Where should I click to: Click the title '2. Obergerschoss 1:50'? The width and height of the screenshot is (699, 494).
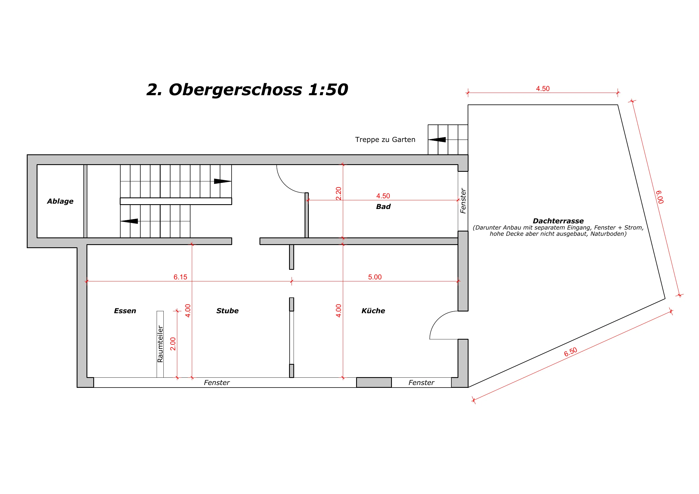coord(247,90)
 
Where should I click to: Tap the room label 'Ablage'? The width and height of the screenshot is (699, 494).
coord(60,201)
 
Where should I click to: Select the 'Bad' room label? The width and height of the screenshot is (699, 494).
coord(383,207)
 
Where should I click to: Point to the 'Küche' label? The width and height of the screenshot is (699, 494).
coord(373,311)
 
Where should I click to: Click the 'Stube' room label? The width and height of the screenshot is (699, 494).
coord(227,311)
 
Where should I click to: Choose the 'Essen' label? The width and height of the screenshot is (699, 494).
coord(125,311)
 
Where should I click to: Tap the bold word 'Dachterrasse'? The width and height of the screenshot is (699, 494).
coord(558,221)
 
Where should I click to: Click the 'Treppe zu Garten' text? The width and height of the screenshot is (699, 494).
coord(385,140)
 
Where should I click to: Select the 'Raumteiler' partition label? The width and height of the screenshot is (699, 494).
coord(160,344)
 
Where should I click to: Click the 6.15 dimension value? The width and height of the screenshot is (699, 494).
coord(180,277)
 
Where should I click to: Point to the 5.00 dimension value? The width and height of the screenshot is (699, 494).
coord(375,277)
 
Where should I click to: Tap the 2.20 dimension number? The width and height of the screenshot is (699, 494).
coord(339,193)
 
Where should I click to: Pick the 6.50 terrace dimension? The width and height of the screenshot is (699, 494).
coord(571,352)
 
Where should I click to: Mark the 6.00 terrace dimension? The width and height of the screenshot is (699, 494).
coord(660,197)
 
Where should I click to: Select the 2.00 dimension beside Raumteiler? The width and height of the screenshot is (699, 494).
coord(173,344)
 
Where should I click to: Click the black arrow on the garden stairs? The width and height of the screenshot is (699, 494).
coord(437,140)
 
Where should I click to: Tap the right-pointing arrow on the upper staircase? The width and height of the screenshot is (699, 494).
coord(223,181)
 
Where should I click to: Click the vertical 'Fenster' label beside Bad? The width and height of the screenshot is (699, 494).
coord(463,201)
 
